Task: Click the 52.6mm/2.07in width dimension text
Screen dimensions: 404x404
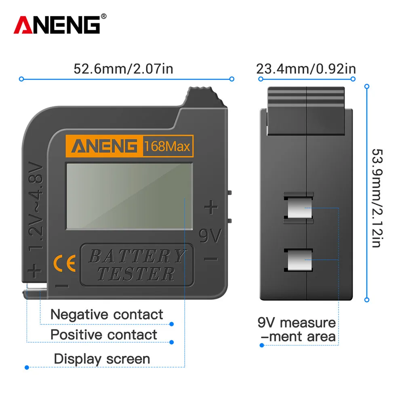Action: tap(123, 69)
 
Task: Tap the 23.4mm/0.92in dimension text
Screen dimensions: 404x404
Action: tap(306, 69)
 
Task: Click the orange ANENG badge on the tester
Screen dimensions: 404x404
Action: tap(104, 146)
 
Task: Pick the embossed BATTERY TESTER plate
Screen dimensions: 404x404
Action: tap(137, 265)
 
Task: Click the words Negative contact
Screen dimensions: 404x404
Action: tap(107, 314)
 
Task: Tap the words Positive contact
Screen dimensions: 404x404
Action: tap(103, 335)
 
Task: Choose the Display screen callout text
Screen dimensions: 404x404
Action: tap(102, 358)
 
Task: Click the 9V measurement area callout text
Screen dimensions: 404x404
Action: tap(297, 330)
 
